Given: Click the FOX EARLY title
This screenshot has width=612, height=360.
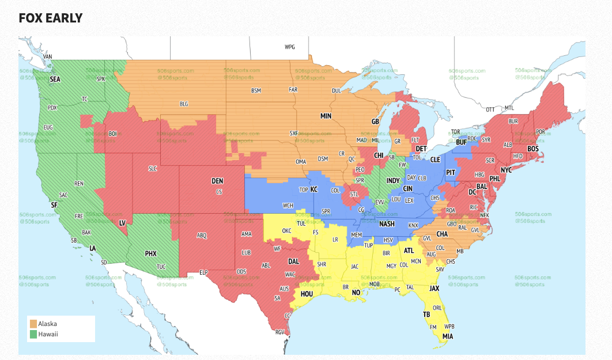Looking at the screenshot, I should coord(51,18).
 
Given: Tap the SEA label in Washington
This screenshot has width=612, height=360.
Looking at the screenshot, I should coord(55,79).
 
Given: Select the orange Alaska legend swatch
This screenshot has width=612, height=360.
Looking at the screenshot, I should coord(33,324).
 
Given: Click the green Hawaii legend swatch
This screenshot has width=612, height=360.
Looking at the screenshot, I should coord(33,334).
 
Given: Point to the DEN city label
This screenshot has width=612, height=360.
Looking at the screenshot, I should coord(217,181).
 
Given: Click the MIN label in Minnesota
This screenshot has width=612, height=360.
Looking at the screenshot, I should coord(326,116).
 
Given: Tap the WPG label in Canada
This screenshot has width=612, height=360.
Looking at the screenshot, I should coord(289,47).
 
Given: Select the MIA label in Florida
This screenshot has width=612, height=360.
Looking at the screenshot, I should coord(448,336).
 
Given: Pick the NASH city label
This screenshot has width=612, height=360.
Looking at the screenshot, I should coord(387,224).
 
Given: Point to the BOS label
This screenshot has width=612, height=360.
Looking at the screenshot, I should coord(533,149).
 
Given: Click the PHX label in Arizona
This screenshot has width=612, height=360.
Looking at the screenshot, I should coord(150,253).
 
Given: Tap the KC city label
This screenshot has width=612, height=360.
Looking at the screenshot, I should coord(314,189).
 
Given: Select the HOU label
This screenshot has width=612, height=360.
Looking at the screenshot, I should coord(307,294).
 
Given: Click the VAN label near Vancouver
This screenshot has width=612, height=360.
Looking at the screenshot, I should coord(48,56).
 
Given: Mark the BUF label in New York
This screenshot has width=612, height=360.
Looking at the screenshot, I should coord(461,142).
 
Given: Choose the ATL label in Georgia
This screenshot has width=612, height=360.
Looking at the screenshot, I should coord(409,251).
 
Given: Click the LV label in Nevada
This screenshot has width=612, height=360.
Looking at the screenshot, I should coord(122,222).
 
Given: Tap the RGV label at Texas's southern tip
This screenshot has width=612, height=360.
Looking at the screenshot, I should coord(280,332).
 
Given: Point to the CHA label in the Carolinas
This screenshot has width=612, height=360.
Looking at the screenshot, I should coord(443,234).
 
